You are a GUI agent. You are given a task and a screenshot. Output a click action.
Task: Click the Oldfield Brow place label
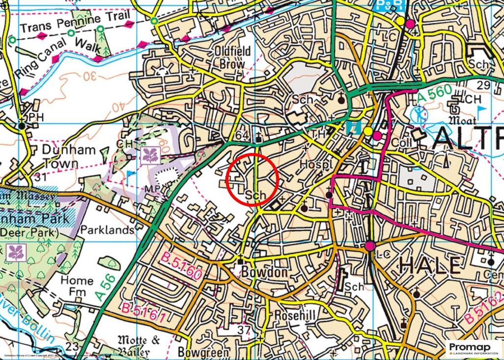click(232, 57)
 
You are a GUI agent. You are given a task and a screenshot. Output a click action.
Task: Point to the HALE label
click(430, 266)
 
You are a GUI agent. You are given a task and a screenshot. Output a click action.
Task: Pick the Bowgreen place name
click(204, 353)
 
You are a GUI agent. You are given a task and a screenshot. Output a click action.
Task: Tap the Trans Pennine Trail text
click(75, 22)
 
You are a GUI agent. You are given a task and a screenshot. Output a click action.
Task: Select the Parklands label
click(107, 230)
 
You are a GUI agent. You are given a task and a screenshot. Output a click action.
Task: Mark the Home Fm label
click(76, 286)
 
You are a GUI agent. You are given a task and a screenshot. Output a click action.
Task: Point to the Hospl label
click(314, 164)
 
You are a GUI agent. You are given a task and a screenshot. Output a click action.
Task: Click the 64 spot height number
click(243, 136)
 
